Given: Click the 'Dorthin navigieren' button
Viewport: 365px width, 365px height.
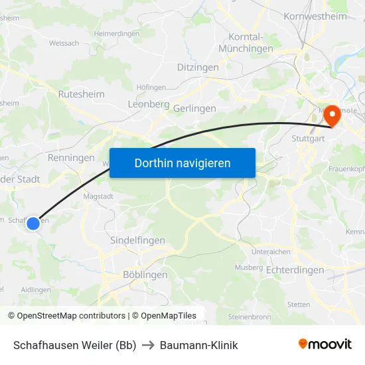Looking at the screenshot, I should click(x=183, y=163).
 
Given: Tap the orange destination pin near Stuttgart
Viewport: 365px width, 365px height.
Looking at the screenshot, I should click(x=330, y=116).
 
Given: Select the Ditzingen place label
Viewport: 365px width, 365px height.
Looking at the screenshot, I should click(x=198, y=68).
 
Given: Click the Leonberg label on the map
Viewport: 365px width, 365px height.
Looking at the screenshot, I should click(x=149, y=104).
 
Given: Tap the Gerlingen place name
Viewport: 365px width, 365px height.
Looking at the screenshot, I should click(x=194, y=108).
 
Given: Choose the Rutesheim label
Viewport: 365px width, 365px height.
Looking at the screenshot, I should click(x=81, y=94).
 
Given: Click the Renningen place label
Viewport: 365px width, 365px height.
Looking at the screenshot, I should click(x=71, y=158).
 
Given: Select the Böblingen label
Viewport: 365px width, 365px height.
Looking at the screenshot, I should click(x=145, y=275).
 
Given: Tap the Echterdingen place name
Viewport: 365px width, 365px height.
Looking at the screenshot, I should click(x=295, y=270).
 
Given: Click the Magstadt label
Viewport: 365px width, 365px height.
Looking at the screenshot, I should click(x=98, y=196).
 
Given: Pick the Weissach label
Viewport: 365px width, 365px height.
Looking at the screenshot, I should click(x=64, y=43).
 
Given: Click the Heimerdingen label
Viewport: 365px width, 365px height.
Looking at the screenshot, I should click(x=117, y=33).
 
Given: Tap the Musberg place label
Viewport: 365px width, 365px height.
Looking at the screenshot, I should click(x=249, y=267).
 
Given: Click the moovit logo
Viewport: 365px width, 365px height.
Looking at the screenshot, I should click(x=325, y=344).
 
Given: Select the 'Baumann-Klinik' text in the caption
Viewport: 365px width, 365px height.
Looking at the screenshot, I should click(x=198, y=345).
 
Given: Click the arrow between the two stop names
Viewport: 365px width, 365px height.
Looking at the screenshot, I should click(x=148, y=345).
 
